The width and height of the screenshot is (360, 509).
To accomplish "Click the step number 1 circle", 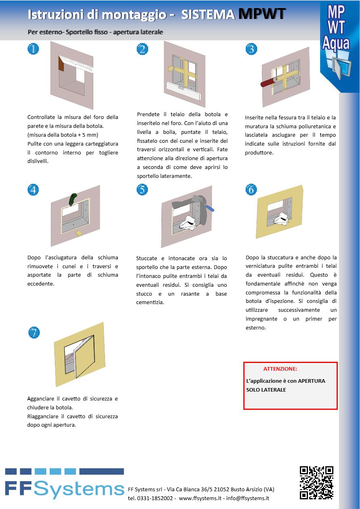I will [x=33, y=49].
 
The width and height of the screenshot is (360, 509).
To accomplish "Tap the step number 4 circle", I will [x=33, y=190].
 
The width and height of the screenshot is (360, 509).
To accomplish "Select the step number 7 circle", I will [x=34, y=332].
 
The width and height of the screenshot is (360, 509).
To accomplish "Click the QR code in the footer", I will [x=316, y=483].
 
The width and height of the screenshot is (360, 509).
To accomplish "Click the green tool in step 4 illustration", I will [x=73, y=199].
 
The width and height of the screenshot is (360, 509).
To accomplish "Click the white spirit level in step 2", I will [x=184, y=90].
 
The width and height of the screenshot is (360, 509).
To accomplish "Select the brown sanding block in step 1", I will [x=61, y=64].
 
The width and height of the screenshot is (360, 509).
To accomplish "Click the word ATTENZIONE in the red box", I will [x=280, y=369].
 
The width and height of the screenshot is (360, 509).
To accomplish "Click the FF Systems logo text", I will [x=65, y=489].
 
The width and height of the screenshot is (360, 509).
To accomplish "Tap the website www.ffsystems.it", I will [x=200, y=498].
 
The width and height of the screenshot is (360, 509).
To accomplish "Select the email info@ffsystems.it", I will [x=247, y=498].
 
